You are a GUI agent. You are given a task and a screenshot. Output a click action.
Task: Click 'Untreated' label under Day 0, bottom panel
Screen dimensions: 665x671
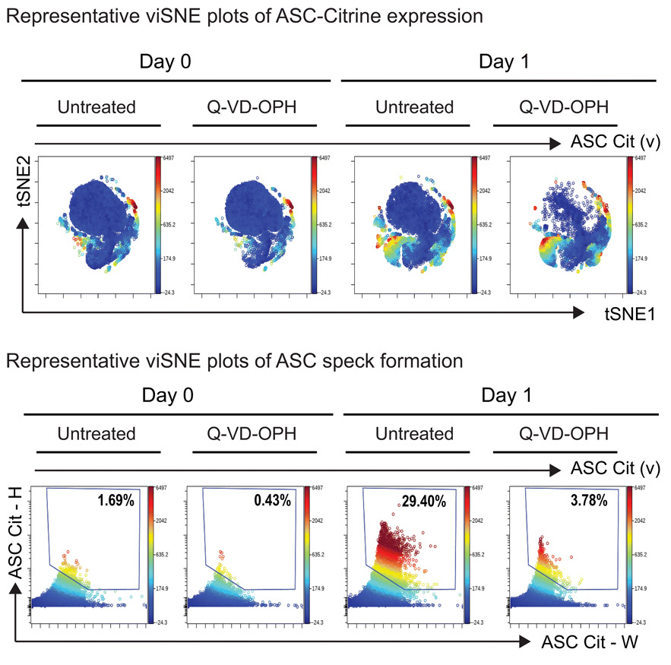coord(97,434)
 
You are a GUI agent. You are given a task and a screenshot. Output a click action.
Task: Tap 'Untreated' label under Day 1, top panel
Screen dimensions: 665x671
coord(414,106)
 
